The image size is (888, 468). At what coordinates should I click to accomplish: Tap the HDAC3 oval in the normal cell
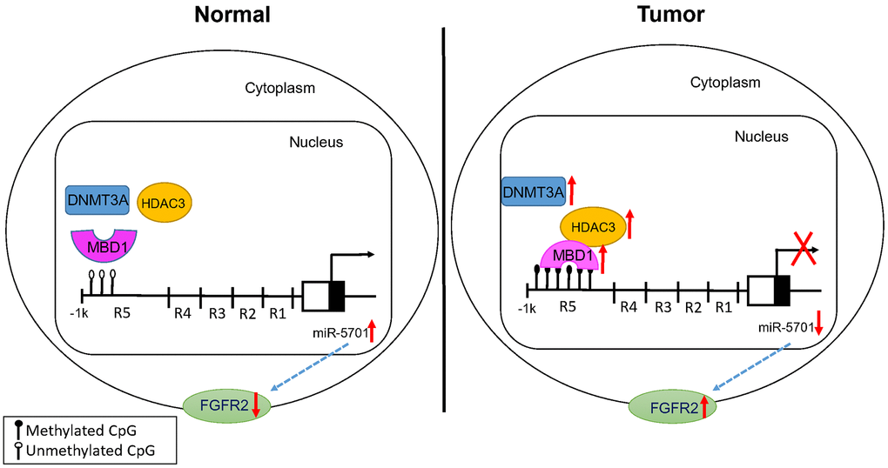pyautogui.click(x=164, y=202)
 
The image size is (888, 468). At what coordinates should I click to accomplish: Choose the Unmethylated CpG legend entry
pyautogui.click(x=81, y=451)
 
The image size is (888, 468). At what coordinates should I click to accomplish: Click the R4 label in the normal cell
pyautogui.click(x=182, y=312)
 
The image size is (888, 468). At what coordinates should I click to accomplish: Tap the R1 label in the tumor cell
pyautogui.click(x=723, y=307)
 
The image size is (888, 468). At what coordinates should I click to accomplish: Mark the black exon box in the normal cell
pyautogui.click(x=337, y=296)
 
